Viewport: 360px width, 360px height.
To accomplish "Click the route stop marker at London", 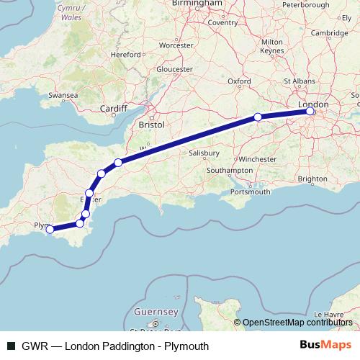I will pyautogui.click(x=310, y=112).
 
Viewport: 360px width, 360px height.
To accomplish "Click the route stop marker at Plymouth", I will pyautogui.click(x=50, y=230).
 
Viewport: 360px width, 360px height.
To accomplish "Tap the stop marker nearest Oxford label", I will pyautogui.click(x=258, y=117).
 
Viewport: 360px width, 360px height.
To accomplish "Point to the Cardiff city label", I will pyautogui.click(x=113, y=109).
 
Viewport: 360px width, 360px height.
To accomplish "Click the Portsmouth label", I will pyautogui.click(x=251, y=192).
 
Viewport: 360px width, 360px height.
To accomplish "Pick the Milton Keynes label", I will pyautogui.click(x=271, y=47).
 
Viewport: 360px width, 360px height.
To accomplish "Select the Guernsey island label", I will pyautogui.click(x=156, y=312).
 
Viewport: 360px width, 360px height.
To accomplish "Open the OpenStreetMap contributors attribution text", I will pyautogui.click(x=299, y=322).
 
